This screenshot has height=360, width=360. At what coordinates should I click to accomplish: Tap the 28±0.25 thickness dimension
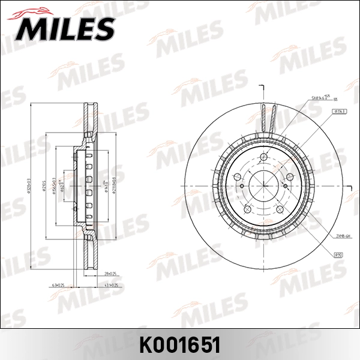pyautogui.click(x=110, y=272)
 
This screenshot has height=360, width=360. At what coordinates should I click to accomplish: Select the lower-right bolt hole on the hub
pyautogui.click(x=280, y=209)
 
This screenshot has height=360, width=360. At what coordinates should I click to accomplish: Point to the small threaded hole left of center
pyautogui.click(x=241, y=185)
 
